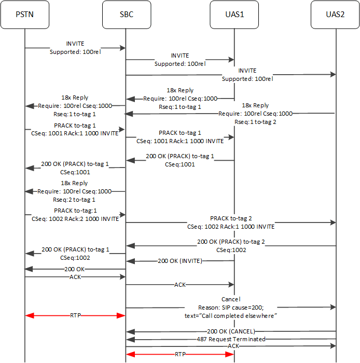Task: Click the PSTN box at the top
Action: [24, 15]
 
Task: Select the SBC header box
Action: [126, 15]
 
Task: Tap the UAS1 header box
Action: [234, 15]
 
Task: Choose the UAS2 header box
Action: [335, 15]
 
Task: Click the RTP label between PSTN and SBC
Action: [75, 315]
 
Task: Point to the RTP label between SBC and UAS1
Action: [179, 354]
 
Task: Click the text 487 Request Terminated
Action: [231, 339]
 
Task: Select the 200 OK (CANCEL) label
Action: [231, 331]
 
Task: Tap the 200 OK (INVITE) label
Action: [180, 261]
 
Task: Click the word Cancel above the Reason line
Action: [231, 299]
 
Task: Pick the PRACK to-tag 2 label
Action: [231, 218]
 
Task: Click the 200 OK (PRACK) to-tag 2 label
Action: [231, 242]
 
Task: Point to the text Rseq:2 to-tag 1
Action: [74, 199]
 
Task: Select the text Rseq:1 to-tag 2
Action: [256, 122]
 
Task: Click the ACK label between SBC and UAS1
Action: [180, 285]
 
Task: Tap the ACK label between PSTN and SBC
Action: [75, 277]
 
